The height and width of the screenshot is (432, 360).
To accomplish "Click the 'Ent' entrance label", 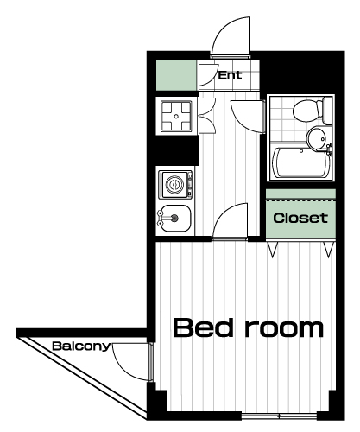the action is click(x=230, y=75).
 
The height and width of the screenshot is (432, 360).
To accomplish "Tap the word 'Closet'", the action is click(x=300, y=218).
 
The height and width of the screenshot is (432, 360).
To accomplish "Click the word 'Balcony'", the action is click(x=81, y=346).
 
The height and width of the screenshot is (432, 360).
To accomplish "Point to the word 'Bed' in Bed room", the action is click(x=203, y=327).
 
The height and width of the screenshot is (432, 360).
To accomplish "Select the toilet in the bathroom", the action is click(x=312, y=111).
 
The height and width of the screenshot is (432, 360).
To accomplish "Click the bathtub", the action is click(x=301, y=163).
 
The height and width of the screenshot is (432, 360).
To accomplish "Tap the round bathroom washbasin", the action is click(x=317, y=139).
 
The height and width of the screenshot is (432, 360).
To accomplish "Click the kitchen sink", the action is click(x=174, y=219).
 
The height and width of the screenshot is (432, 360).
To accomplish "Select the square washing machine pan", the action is click(x=176, y=116).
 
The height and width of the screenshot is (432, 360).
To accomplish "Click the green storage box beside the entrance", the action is click(x=176, y=75).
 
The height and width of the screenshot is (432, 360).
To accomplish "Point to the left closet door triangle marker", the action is click(x=273, y=250).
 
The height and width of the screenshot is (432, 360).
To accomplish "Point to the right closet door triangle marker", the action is click(x=328, y=250).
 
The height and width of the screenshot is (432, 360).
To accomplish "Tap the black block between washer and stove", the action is click(x=176, y=150).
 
